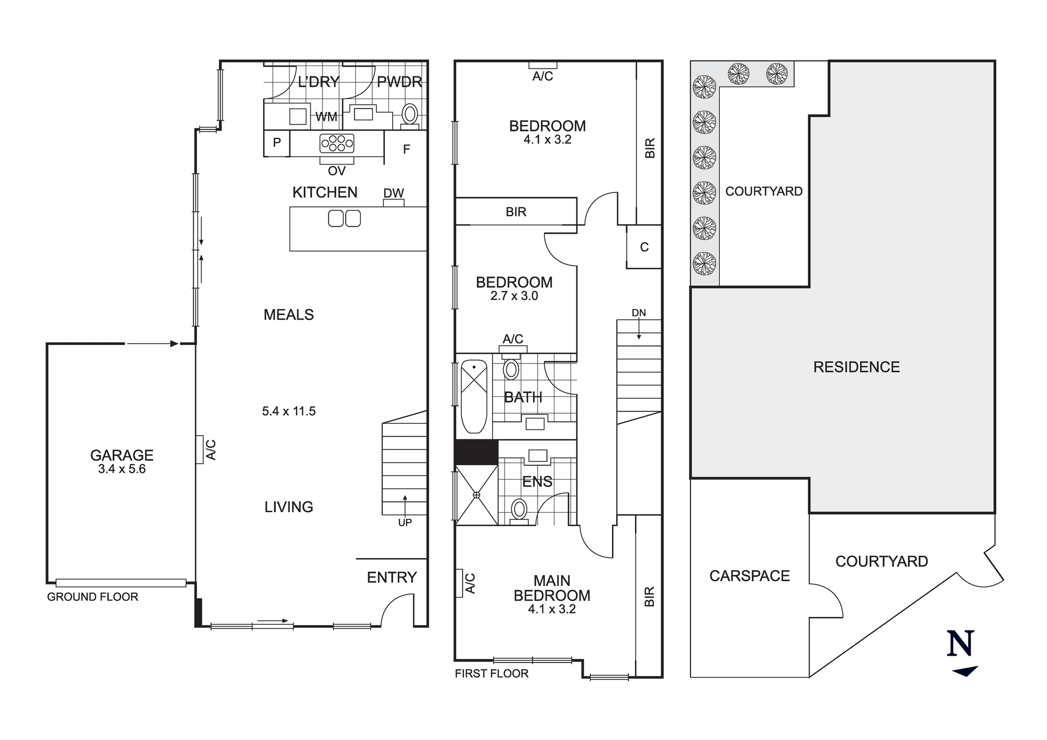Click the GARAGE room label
pyautogui.click(x=121, y=455)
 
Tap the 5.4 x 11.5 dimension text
pyautogui.click(x=288, y=411)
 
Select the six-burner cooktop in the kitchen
pyautogui.click(x=337, y=143)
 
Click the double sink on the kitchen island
pyautogui.click(x=344, y=218)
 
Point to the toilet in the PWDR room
pyautogui.click(x=410, y=114)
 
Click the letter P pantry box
pyautogui.click(x=277, y=142)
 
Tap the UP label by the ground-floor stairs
pyautogui.click(x=405, y=522)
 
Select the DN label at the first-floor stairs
pyautogui.click(x=639, y=313)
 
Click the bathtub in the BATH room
pyautogui.click(x=474, y=396)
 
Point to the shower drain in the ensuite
pyautogui.click(x=476, y=495)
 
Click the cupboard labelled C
pyautogui.click(x=644, y=247)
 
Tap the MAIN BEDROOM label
pyautogui.click(x=552, y=588)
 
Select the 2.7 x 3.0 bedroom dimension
pyautogui.click(x=514, y=296)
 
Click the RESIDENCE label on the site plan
pyautogui.click(x=856, y=367)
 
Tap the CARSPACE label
pyautogui.click(x=749, y=576)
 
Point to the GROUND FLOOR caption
pyautogui.click(x=93, y=597)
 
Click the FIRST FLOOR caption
pyautogui.click(x=492, y=673)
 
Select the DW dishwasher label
pyautogui.click(x=394, y=193)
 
